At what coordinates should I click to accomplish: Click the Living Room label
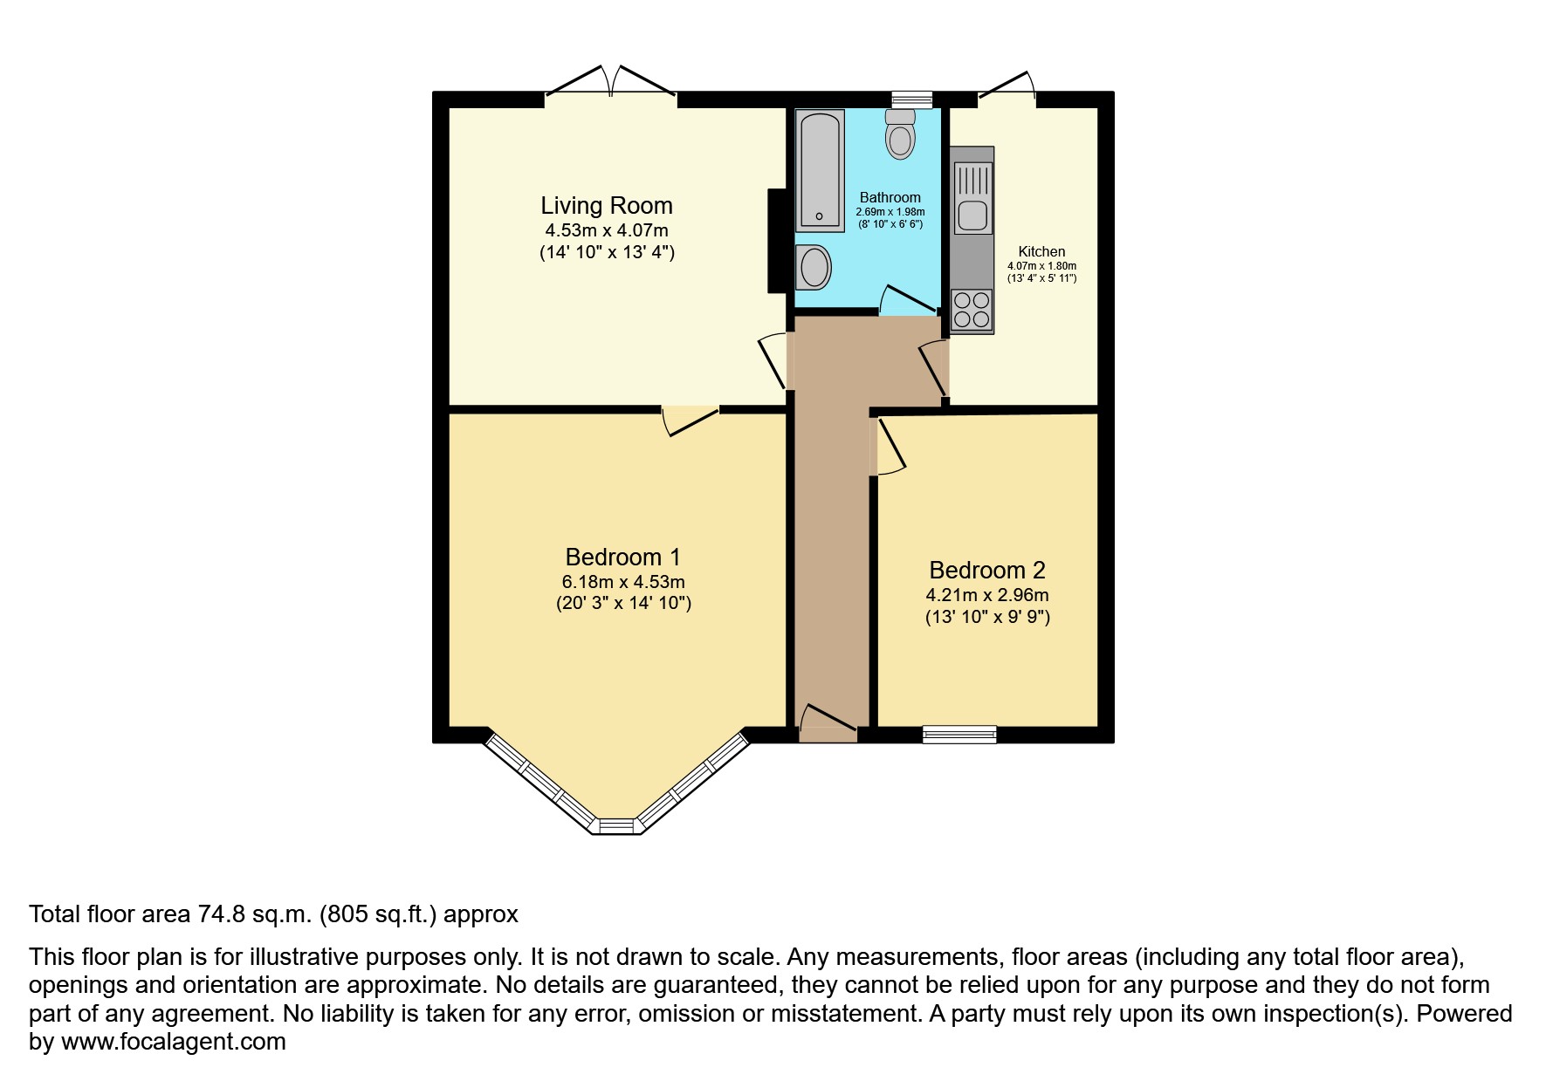(607, 206)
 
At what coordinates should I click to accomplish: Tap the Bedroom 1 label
(622, 557)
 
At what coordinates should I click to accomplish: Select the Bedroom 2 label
(987, 571)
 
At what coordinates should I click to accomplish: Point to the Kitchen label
(1041, 251)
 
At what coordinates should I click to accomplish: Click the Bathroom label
(890, 197)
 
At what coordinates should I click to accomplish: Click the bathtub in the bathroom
(820, 170)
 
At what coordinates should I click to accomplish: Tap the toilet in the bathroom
(900, 133)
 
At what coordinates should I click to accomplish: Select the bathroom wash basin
(813, 267)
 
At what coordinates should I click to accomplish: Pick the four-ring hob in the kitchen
(972, 311)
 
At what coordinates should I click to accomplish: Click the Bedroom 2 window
(959, 735)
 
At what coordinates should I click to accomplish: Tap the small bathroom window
(912, 99)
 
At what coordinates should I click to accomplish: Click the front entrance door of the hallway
(828, 723)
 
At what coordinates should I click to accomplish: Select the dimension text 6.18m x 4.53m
(623, 582)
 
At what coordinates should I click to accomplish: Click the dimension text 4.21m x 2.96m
(987, 596)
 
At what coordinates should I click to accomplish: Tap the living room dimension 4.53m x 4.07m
(607, 230)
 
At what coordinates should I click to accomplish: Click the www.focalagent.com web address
(174, 1042)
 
